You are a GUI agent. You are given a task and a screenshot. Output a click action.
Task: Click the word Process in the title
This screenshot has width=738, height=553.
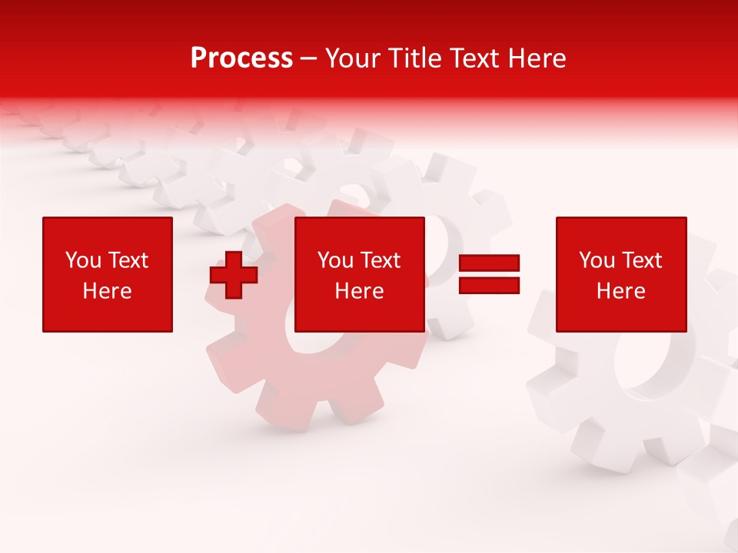tap(241, 58)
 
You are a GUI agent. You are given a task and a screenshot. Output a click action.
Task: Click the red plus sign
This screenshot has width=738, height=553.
tap(234, 275)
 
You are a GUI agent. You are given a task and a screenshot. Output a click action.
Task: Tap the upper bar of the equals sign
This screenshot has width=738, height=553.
tap(489, 263)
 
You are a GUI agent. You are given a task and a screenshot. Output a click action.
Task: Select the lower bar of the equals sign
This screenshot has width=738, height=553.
tap(489, 286)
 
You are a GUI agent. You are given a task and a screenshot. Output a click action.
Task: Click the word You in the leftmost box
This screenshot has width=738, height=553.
tap(83, 260)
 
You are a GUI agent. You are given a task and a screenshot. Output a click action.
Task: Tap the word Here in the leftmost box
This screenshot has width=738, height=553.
tap(107, 291)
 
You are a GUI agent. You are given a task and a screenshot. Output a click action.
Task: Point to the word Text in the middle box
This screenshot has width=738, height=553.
tap(381, 260)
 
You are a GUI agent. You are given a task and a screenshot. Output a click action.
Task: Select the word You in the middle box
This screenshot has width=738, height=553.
tap(335, 260)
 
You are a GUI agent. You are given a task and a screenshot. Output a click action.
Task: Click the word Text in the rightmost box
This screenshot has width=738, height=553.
tap(642, 260)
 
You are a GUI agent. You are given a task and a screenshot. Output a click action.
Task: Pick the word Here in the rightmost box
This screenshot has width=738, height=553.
tap(620, 291)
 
